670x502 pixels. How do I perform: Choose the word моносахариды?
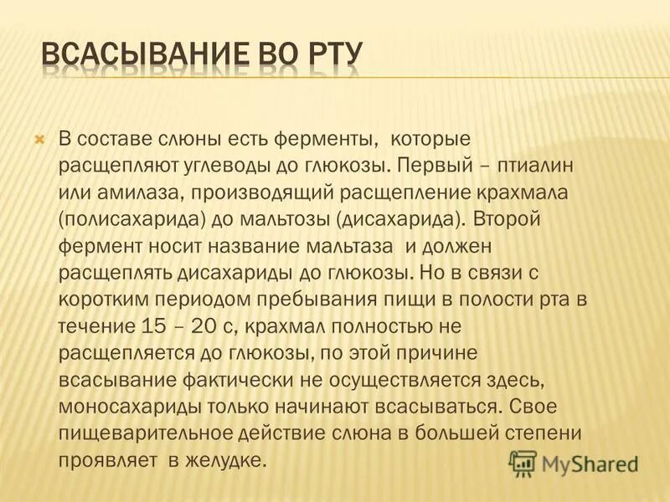click(118, 407)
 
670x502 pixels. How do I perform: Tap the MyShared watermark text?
click(590, 463)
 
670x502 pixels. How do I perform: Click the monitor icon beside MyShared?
click(523, 462)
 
